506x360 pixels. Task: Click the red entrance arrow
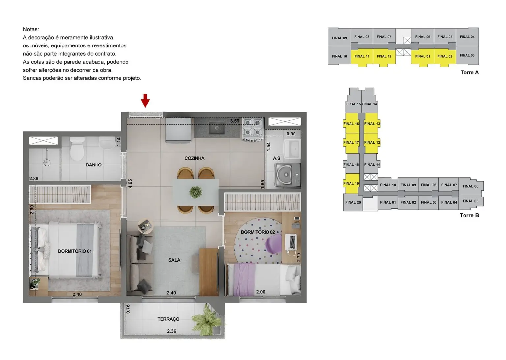145,101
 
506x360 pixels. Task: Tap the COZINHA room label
194,158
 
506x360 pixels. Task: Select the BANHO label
94,165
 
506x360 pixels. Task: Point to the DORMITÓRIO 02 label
258,232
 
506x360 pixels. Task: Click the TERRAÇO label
168,319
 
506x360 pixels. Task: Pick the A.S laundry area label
277,158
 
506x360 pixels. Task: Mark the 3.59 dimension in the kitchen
235,121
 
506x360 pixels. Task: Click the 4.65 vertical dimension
130,184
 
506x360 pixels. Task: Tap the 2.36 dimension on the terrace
171,331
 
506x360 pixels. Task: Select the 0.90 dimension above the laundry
291,134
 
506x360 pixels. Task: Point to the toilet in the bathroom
77,150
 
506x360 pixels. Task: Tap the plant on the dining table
196,192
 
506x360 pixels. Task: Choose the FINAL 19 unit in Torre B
351,184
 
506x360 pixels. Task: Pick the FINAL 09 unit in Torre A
339,38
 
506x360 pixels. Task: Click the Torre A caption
469,72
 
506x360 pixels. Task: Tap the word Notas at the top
31,29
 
